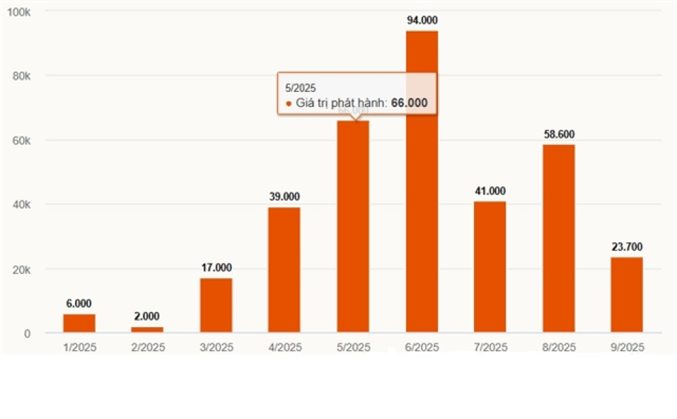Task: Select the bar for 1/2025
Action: point(79,324)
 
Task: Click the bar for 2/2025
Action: point(147,330)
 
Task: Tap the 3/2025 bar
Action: point(216,305)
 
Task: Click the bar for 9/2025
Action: point(626,295)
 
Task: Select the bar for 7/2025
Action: point(490,267)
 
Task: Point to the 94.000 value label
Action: point(422,20)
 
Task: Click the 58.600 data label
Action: point(559,134)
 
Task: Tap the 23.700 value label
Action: point(626,246)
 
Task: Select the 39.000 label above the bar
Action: point(284,196)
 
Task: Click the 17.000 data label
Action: point(216,267)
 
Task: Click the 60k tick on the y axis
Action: point(22,141)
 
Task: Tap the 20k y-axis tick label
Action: point(22,269)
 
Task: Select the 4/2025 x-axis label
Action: point(284,348)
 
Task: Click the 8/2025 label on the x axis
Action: point(559,348)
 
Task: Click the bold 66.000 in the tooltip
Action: point(410,103)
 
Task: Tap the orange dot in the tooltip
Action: point(288,104)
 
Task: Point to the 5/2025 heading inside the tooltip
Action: point(300,88)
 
